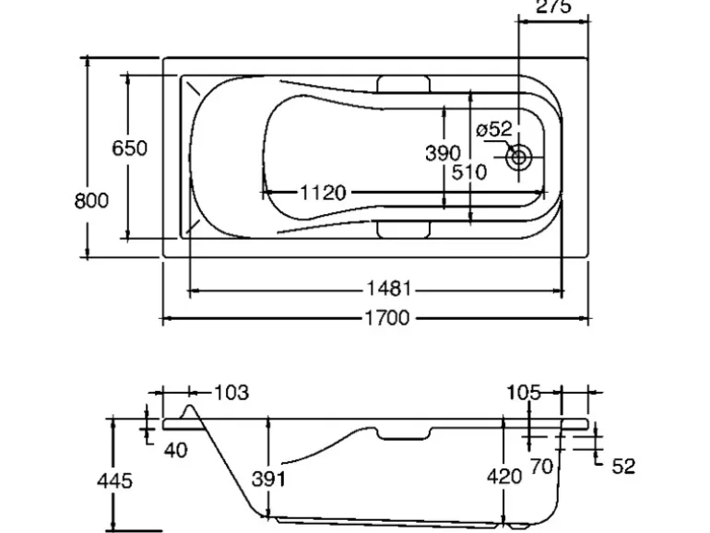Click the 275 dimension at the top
click(553, 6)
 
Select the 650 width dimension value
click(130, 148)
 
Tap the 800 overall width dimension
click(91, 200)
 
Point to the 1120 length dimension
click(323, 193)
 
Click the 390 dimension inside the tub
click(443, 153)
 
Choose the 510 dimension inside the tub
click(469, 173)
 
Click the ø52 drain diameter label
click(493, 130)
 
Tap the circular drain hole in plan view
click(518, 158)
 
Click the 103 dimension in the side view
click(231, 393)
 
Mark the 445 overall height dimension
click(115, 480)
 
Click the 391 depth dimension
click(268, 479)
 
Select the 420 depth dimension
click(504, 476)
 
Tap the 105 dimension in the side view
click(523, 393)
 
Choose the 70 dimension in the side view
click(541, 468)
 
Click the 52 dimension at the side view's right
click(623, 467)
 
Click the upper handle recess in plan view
click(407, 85)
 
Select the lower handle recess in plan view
click(407, 229)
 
